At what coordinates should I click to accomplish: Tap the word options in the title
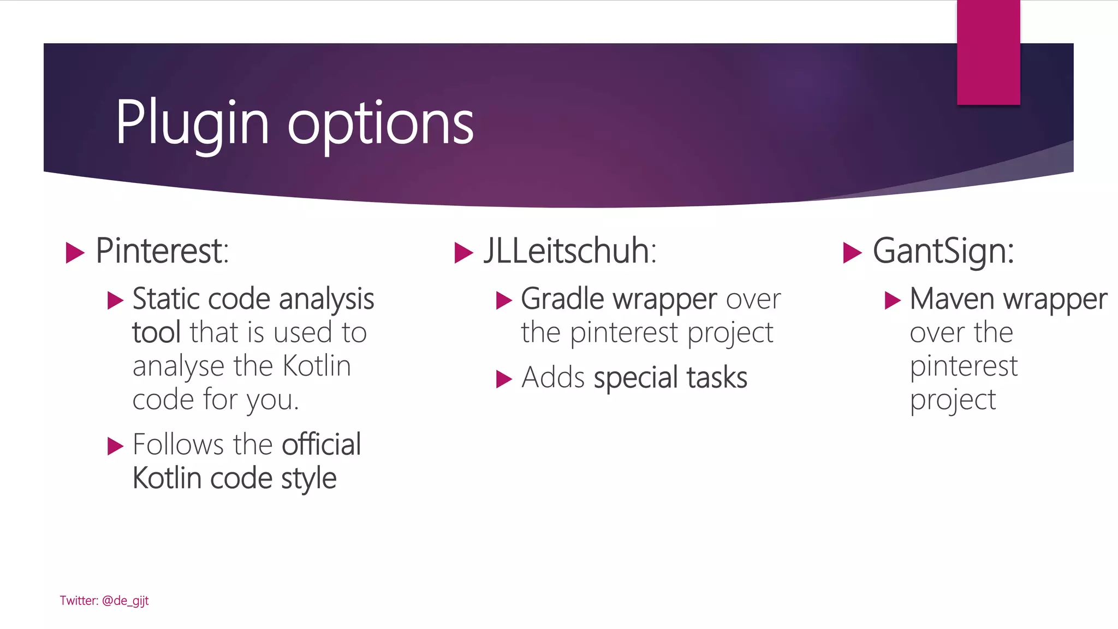[380, 124]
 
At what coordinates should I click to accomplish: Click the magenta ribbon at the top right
[988, 52]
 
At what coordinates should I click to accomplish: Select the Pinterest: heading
[162, 251]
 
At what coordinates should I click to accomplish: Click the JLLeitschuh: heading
[570, 251]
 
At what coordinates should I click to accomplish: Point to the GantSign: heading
[943, 251]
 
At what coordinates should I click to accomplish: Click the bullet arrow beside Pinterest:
[75, 253]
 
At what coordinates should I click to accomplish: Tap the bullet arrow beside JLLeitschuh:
[463, 253]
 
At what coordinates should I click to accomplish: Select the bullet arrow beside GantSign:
[852, 253]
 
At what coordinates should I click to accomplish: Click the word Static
[166, 299]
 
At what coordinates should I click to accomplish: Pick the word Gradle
[562, 299]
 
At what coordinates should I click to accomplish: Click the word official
[321, 444]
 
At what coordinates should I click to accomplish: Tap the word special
[635, 378]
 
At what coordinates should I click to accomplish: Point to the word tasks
[717, 378]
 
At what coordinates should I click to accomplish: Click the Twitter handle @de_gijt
[125, 601]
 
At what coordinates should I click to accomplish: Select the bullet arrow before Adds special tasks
[504, 379]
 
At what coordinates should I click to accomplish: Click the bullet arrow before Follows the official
[115, 446]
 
